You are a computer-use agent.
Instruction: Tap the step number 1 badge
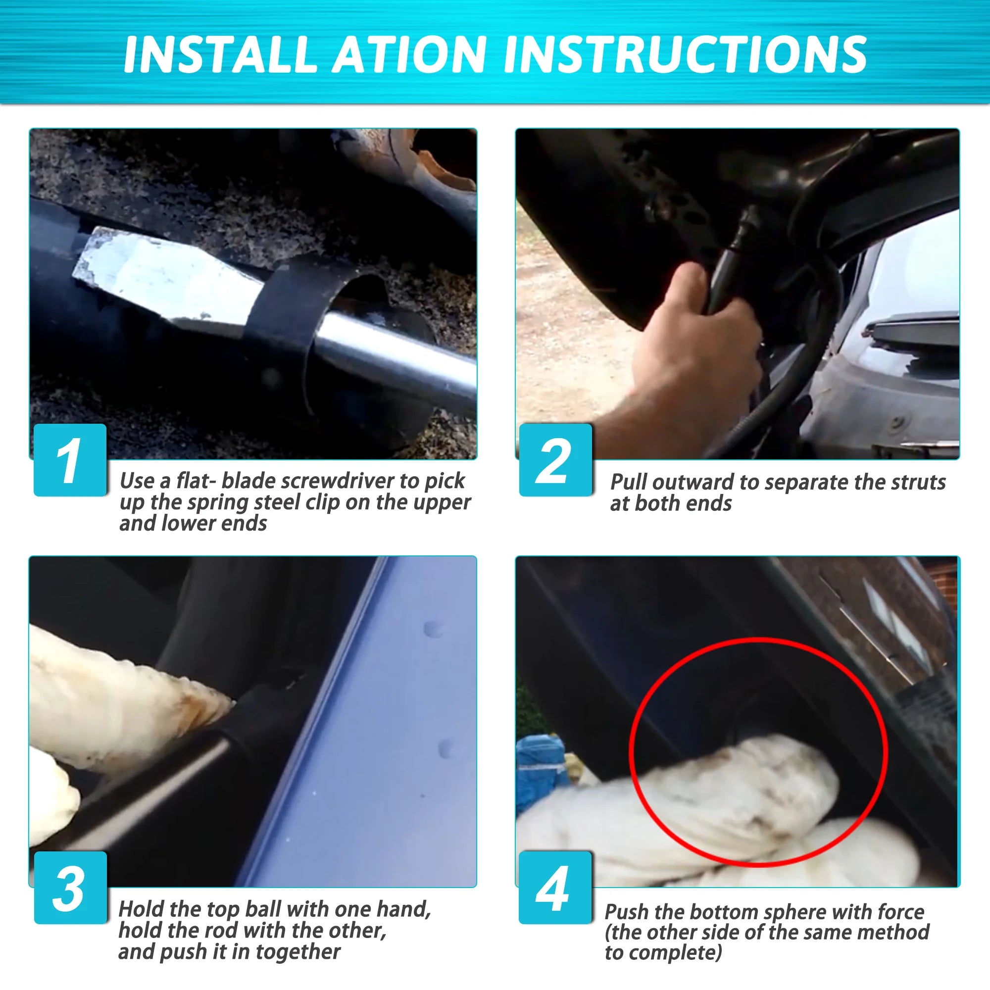[x=70, y=460]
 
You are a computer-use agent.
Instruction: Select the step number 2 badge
[x=555, y=460]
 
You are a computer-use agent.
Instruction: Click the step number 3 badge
[x=70, y=888]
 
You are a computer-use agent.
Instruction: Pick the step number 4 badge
[x=555, y=888]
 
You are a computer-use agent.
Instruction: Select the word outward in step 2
[x=693, y=482]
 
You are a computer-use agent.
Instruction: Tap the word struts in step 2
[x=918, y=482]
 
